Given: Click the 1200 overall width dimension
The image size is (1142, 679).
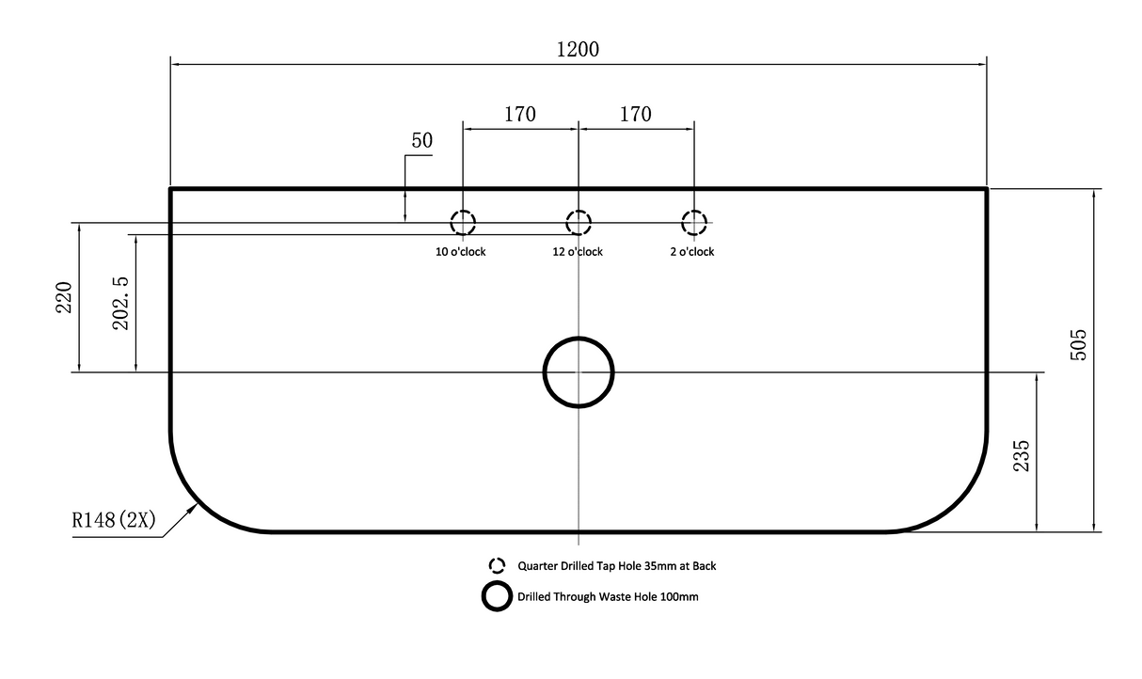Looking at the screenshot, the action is click(x=578, y=50).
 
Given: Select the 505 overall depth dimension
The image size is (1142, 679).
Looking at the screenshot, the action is click(x=1078, y=345).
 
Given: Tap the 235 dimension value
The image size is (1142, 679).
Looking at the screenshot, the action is click(x=1022, y=456).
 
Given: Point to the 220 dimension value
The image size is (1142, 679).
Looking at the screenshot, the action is click(x=64, y=297).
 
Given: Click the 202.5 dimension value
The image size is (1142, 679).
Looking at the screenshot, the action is click(x=120, y=304).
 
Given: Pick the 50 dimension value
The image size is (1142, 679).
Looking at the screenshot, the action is click(x=422, y=141).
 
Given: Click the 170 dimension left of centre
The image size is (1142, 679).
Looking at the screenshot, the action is click(x=520, y=114).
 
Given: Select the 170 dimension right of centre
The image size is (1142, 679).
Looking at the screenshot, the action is click(x=635, y=114).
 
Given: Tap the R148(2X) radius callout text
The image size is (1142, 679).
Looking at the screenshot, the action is click(x=114, y=520).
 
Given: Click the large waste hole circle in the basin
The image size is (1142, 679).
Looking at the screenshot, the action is click(x=579, y=338).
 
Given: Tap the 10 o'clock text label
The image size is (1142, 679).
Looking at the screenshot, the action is click(x=460, y=252).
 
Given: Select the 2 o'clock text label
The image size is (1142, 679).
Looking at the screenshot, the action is click(x=692, y=252).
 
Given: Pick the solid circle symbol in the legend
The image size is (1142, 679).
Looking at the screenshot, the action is click(x=497, y=581).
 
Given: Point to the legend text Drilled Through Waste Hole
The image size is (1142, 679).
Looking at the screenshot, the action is click(x=587, y=597).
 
